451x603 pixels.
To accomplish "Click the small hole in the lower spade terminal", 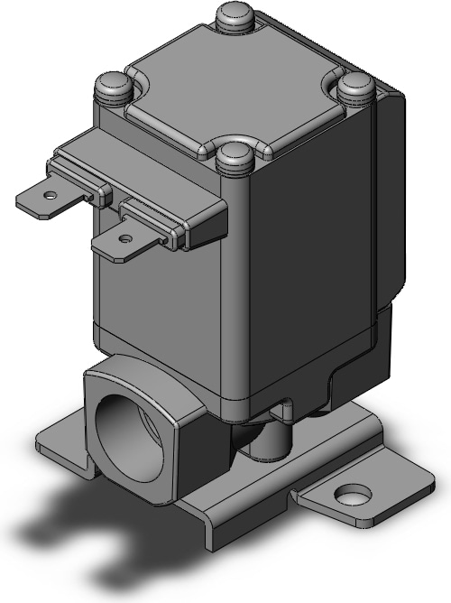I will pos(125,237).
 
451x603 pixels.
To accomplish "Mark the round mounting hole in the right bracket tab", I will pos(350,495).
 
